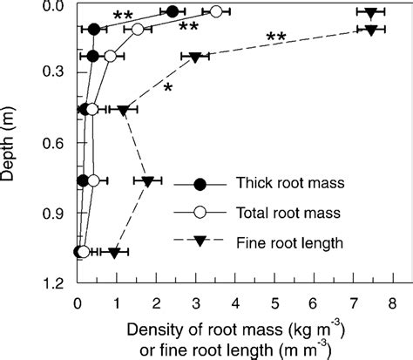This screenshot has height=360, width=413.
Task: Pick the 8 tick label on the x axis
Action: pyautogui.click(x=393, y=305)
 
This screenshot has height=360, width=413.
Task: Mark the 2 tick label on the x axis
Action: pyautogui.click(x=156, y=305)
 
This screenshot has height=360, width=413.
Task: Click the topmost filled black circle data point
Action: pyautogui.click(x=173, y=11)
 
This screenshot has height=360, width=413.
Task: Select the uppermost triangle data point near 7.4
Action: pyautogui.click(x=371, y=12)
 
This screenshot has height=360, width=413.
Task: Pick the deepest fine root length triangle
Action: pyautogui.click(x=113, y=253)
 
